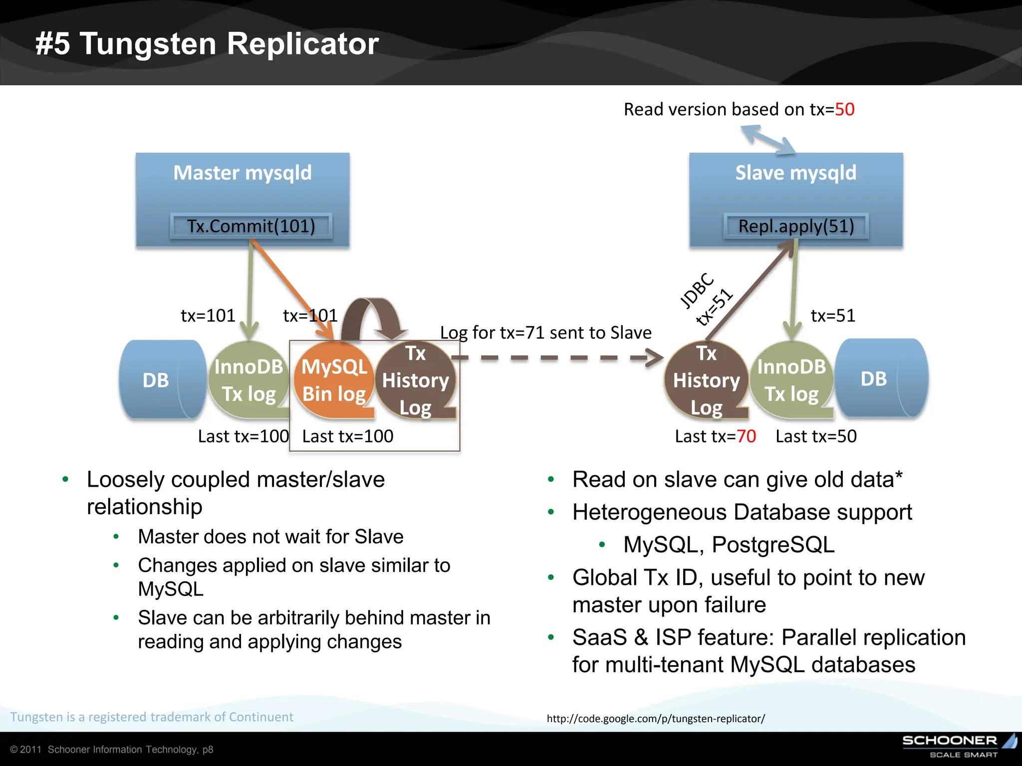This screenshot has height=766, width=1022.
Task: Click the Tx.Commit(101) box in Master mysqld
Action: pyautogui.click(x=251, y=226)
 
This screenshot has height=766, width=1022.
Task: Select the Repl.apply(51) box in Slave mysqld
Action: pyautogui.click(x=796, y=226)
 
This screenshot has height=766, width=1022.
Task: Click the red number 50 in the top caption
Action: pyautogui.click(x=844, y=109)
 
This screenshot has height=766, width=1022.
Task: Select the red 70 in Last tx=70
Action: pyautogui.click(x=746, y=436)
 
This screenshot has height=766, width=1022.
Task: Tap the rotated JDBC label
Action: pyautogui.click(x=697, y=290)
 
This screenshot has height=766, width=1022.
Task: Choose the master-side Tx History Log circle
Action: pyautogui.click(x=415, y=381)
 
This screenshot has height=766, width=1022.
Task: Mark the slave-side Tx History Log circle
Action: pyautogui.click(x=706, y=381)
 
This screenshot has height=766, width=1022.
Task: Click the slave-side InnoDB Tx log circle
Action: pyautogui.click(x=791, y=381)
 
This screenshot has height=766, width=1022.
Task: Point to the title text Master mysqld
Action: pyautogui.click(x=243, y=173)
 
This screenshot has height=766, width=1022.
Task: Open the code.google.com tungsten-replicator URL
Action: pyautogui.click(x=655, y=719)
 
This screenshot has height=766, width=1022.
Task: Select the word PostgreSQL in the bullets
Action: pyautogui.click(x=773, y=545)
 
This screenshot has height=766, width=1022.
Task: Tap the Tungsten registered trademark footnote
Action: pyautogui.click(x=152, y=717)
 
